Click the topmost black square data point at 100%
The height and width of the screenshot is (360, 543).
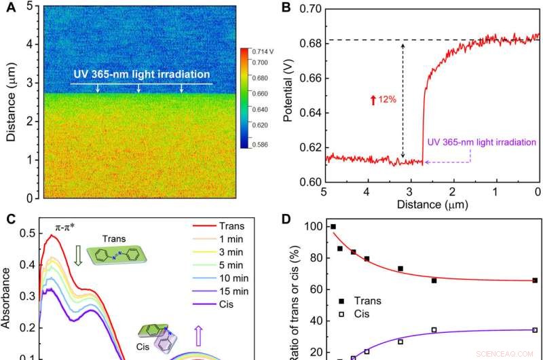[333, 227]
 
